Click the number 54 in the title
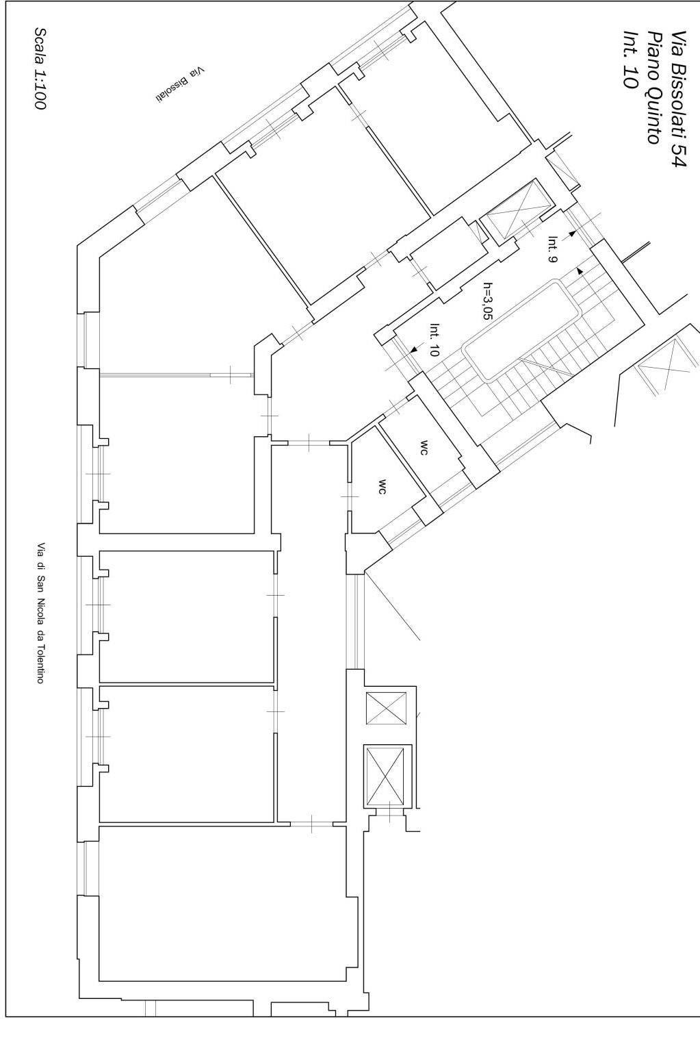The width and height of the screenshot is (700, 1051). [x=678, y=155]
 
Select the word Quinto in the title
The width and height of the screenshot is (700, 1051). [x=655, y=116]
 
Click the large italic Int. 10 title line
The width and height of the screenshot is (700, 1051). [x=630, y=60]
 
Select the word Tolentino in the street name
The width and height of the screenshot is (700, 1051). [x=41, y=663]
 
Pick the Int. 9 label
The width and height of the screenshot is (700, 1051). [x=552, y=249]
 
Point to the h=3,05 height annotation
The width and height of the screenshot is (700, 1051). [x=488, y=301]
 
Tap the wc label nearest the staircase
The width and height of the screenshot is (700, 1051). [x=424, y=448]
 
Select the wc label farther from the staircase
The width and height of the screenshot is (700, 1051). [x=383, y=487]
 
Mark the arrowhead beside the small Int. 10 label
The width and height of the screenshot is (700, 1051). [x=413, y=349]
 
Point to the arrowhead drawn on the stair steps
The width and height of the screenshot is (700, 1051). [x=580, y=270]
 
